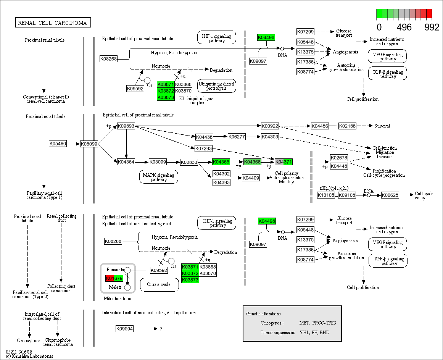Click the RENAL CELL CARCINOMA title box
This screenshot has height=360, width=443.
coord(53,23)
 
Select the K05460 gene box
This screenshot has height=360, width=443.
coord(58,144)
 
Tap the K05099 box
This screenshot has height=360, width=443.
coord(89,144)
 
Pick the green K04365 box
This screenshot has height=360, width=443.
coord(221,162)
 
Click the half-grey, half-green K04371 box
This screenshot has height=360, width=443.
coord(284,162)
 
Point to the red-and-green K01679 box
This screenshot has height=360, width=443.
coord(114,278)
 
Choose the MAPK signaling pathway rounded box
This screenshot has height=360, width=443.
coord(158,177)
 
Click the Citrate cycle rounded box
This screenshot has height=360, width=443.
coord(159,284)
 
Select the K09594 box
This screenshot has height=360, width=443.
coord(124,329)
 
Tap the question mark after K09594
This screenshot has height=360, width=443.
coord(161,329)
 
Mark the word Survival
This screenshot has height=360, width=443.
coord(382,126)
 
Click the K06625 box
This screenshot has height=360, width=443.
coord(390,195)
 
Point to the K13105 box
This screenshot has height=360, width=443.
coord(326,195)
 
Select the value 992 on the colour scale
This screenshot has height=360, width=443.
coord(432,27)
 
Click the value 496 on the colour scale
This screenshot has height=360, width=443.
coord(404,27)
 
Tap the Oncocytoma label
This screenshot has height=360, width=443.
coord(29,340)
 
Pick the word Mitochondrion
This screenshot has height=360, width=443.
coord(117,299)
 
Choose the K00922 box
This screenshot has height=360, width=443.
coord(270,126)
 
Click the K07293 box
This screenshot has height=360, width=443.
coord(203,148)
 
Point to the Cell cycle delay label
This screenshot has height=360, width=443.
coord(424,195)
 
